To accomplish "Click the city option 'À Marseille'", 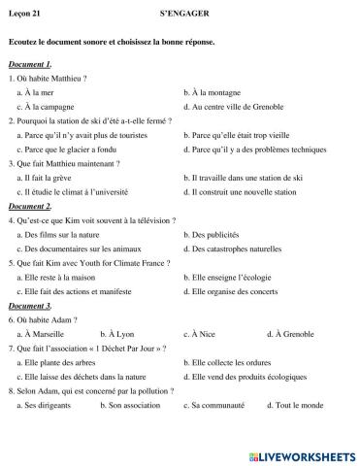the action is tap(46, 334).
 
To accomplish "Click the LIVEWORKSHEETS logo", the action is tap(303, 455).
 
